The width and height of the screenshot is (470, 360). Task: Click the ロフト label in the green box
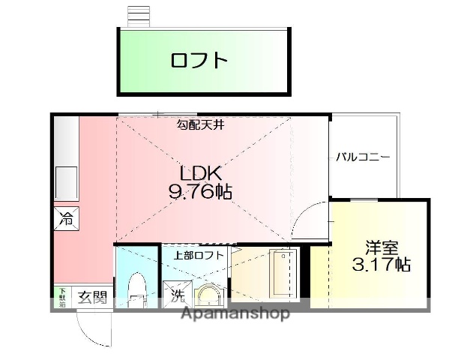coord(199,60)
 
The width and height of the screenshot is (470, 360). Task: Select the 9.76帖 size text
coord(199,192)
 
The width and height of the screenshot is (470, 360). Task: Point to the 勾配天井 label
coord(201,124)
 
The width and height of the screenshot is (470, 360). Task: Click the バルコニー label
coord(362,157)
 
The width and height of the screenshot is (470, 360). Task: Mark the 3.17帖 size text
coord(382,264)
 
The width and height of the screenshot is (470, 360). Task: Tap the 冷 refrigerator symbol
coord(66,220)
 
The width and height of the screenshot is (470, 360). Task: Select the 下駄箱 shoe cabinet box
coord(62,296)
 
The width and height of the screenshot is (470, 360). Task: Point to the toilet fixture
coord(136,289)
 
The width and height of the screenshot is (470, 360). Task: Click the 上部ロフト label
coord(199,255)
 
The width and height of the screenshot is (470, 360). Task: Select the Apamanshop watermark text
coord(235,313)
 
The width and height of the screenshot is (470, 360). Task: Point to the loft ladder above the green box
coord(139,15)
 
